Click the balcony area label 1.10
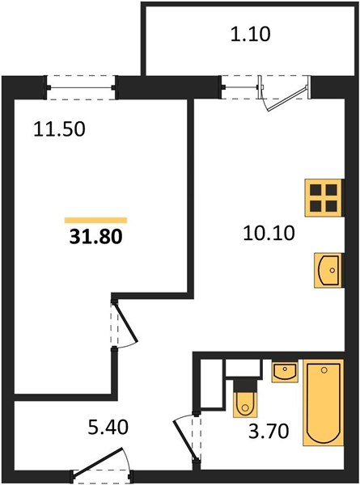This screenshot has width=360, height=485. [251, 34]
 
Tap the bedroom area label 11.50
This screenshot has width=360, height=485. [59, 129]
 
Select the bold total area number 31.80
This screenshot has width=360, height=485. [96, 237]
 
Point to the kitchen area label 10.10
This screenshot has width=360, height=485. [269, 233]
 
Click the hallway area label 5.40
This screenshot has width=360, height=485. [108, 428]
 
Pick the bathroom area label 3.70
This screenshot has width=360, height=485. [269, 431]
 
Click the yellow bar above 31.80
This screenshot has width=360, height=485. [96, 220]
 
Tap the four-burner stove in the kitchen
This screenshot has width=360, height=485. [324, 198]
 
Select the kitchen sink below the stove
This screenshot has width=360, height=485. [328, 270]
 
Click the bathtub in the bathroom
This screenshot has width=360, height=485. [323, 403]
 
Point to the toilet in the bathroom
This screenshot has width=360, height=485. [245, 398]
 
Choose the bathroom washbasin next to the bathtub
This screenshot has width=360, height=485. [285, 370]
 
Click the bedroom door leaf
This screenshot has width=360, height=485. [126, 323]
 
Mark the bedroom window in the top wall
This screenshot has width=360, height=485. [82, 87]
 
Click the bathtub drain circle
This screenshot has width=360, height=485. [324, 370]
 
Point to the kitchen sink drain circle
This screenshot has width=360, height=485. [332, 270]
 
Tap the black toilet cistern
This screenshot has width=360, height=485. [245, 385]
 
